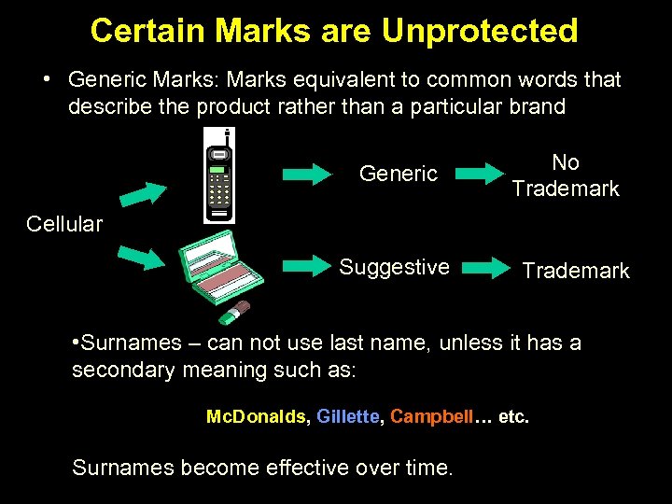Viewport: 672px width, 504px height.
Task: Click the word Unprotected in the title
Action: (x=480, y=31)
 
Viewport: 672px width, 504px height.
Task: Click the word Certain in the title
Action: (x=140, y=31)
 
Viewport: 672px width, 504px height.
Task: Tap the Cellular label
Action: (x=64, y=224)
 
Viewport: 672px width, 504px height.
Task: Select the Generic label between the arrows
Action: (x=399, y=174)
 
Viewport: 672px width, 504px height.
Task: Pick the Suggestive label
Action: (x=394, y=268)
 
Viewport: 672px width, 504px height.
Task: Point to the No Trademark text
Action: (x=566, y=175)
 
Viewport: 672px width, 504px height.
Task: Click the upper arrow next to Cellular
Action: (x=142, y=193)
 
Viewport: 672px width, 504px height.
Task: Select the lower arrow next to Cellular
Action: (x=142, y=255)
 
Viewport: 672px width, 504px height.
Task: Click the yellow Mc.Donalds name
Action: (x=256, y=416)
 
